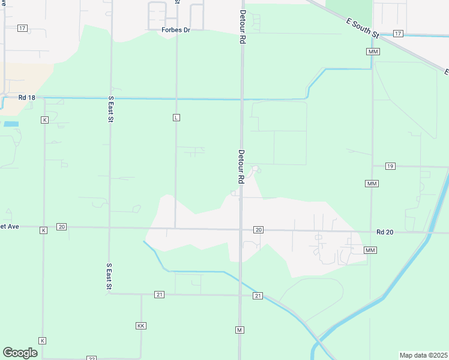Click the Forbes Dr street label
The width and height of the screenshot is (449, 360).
(175, 29)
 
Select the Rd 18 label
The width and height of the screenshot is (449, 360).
(27, 97)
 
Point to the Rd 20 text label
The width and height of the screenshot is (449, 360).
(385, 232)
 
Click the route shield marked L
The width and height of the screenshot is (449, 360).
(176, 117)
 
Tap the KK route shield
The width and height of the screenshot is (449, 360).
(141, 325)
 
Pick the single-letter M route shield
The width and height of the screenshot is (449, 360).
(240, 330)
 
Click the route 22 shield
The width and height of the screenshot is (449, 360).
(91, 358)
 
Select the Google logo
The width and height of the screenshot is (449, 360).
(20, 353)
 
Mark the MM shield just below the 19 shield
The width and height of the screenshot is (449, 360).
(372, 183)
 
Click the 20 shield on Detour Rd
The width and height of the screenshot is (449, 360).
(258, 230)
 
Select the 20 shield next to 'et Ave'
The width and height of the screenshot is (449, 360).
(61, 227)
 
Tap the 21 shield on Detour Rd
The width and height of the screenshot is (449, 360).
(258, 296)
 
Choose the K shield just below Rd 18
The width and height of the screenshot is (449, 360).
(44, 120)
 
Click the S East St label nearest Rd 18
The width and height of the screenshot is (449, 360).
(110, 109)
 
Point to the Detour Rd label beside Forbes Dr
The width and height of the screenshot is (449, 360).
(243, 27)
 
